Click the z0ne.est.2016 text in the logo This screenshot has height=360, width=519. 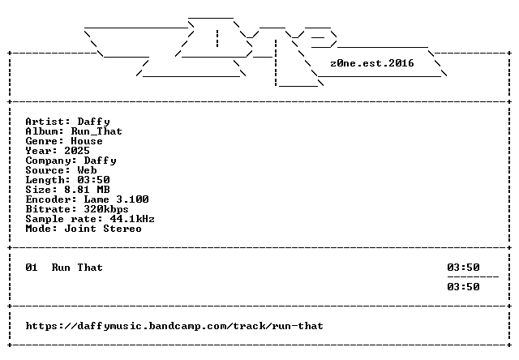coord(372,63)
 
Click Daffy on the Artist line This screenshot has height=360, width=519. coord(94,122)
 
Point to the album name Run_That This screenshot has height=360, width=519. coord(97,131)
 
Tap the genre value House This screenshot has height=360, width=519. coord(87,141)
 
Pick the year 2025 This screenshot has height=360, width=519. coord(77,151)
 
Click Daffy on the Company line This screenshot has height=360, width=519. coord(101,161)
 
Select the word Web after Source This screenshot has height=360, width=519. coord(87,170)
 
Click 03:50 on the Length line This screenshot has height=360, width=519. coord(94,180)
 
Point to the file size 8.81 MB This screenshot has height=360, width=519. coord(87,190)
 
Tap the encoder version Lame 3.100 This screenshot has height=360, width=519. coord(116,199)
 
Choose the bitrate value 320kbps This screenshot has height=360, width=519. coord(106,209)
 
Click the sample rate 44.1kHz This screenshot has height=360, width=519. coord(132,219)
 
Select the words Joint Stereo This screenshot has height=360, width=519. coord(103,229)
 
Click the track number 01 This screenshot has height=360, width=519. coord(32,268)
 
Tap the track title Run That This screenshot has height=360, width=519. coord(77,268)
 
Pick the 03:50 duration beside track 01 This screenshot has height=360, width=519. coord(463,268)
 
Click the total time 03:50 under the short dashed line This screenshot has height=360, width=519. coord(463,287)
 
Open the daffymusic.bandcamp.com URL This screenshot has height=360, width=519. coord(174,326)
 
